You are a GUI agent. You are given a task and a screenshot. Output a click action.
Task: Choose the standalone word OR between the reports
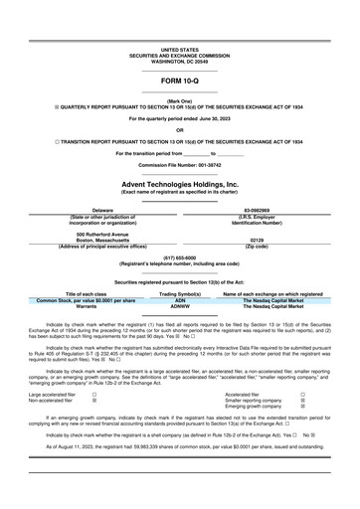[x=179, y=130]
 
